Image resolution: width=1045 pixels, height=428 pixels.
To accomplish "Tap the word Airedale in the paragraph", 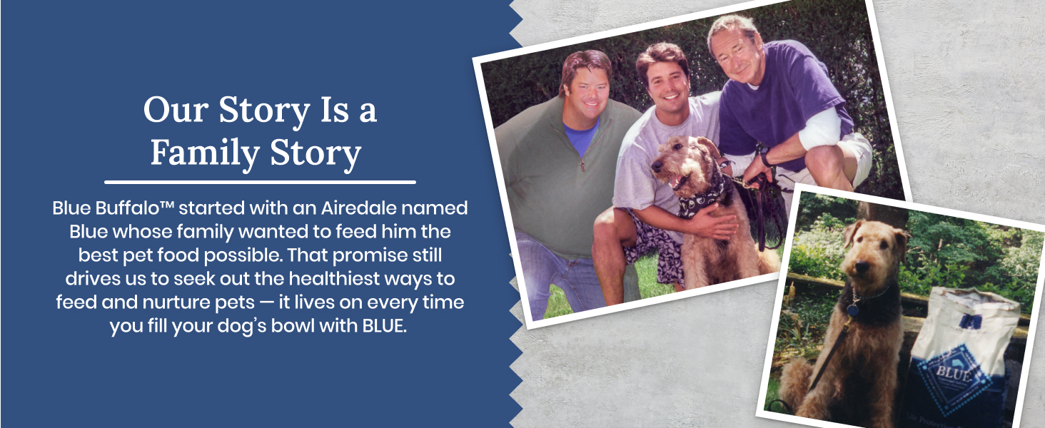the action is pos(358,208).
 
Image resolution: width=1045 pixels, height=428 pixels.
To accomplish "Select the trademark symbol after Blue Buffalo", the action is pos(167,205).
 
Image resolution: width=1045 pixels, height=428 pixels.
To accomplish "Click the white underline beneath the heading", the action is pos(260,183).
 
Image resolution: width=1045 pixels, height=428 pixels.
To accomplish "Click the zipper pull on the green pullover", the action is pos(582,166).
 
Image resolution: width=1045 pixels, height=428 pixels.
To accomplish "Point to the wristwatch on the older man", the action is pos(764,158).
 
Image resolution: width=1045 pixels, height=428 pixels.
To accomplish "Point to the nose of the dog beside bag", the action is pos(861,267).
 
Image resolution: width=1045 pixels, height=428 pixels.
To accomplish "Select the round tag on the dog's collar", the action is pos(852,310).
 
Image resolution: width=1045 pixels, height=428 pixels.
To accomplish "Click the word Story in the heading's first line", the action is pos(264,111).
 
